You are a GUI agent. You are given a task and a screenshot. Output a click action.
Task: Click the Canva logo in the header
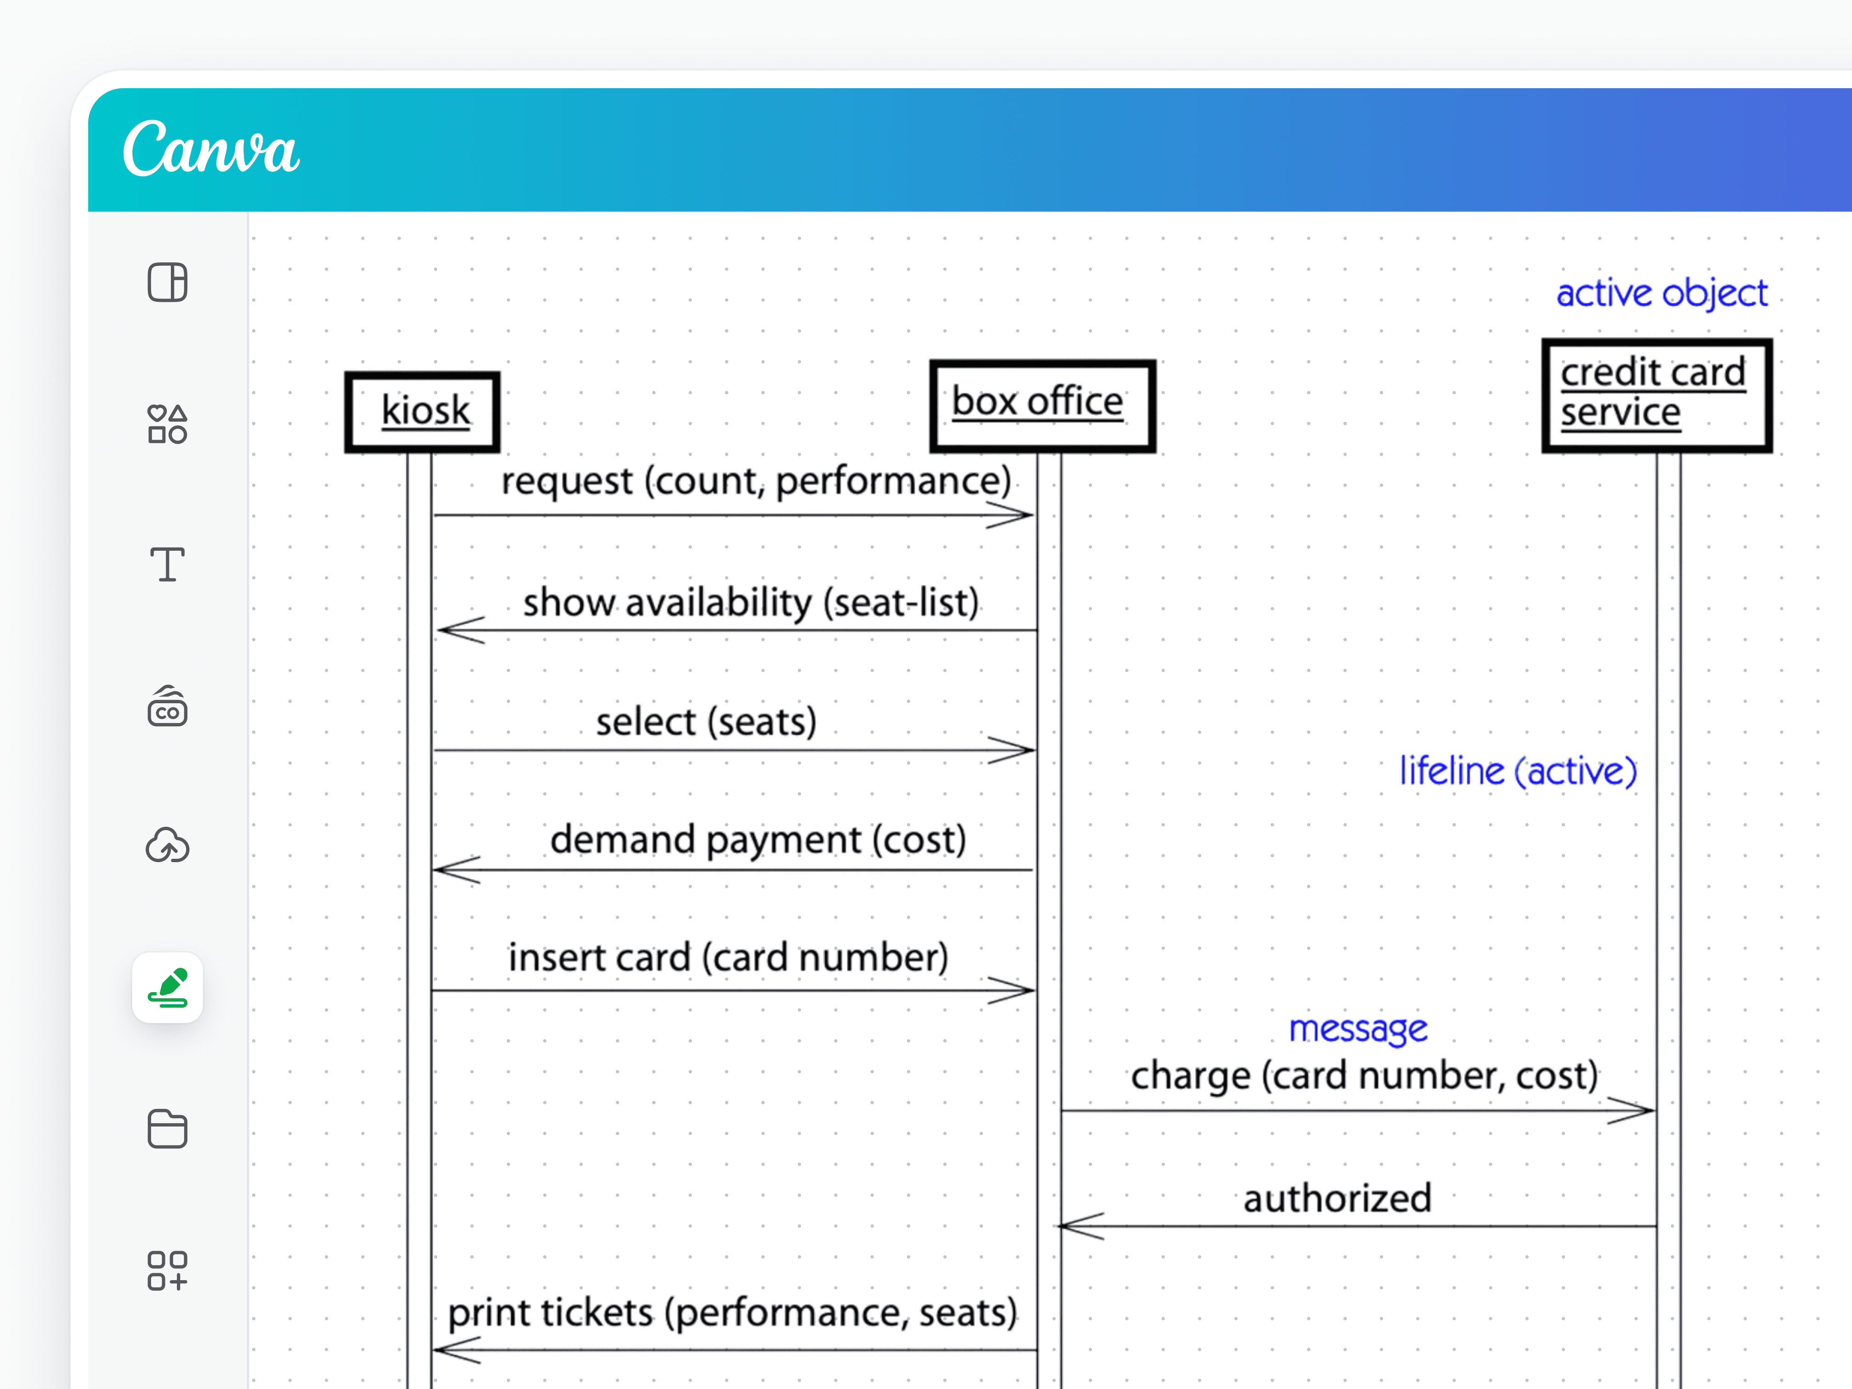pyautogui.click(x=210, y=149)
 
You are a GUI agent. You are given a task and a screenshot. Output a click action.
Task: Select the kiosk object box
pyautogui.click(x=423, y=412)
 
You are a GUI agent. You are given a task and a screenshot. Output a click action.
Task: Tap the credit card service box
pyautogui.click(x=1656, y=395)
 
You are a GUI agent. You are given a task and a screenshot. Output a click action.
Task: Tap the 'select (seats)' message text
pyautogui.click(x=706, y=722)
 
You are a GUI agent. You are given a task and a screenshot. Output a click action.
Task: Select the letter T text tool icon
pyautogui.click(x=168, y=565)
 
